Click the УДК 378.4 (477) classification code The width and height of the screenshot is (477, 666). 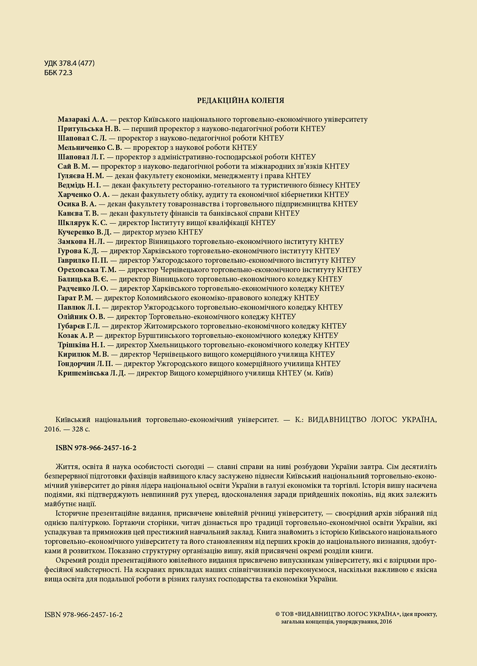[69, 63]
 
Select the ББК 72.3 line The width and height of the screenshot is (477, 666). [58, 73]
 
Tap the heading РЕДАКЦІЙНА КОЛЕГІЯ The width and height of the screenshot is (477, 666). [240, 100]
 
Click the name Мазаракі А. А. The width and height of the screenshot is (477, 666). [82, 119]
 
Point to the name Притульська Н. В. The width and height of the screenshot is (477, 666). [89, 129]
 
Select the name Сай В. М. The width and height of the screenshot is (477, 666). [74, 166]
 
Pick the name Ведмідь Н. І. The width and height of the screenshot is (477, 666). [79, 185]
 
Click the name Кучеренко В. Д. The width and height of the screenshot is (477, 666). [84, 232]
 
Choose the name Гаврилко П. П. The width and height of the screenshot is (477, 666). [82, 260]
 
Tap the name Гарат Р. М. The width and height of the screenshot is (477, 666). [75, 298]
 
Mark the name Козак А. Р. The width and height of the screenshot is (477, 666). [76, 336]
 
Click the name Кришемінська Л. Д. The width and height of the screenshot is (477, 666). [91, 373]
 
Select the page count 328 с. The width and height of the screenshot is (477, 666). [81, 429]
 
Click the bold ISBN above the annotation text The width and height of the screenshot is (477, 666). [96, 448]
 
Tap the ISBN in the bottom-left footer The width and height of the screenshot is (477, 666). [83, 615]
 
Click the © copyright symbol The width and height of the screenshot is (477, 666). [277, 614]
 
